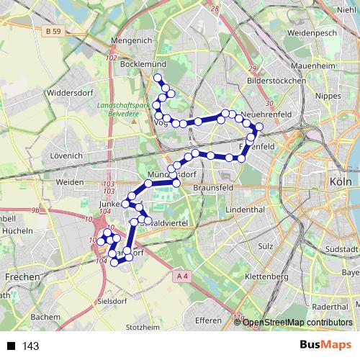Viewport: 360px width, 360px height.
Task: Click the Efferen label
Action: click(x=208, y=320)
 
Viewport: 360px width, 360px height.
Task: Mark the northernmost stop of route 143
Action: click(x=158, y=78)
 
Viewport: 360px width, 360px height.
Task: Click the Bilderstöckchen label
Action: click(x=276, y=81)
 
